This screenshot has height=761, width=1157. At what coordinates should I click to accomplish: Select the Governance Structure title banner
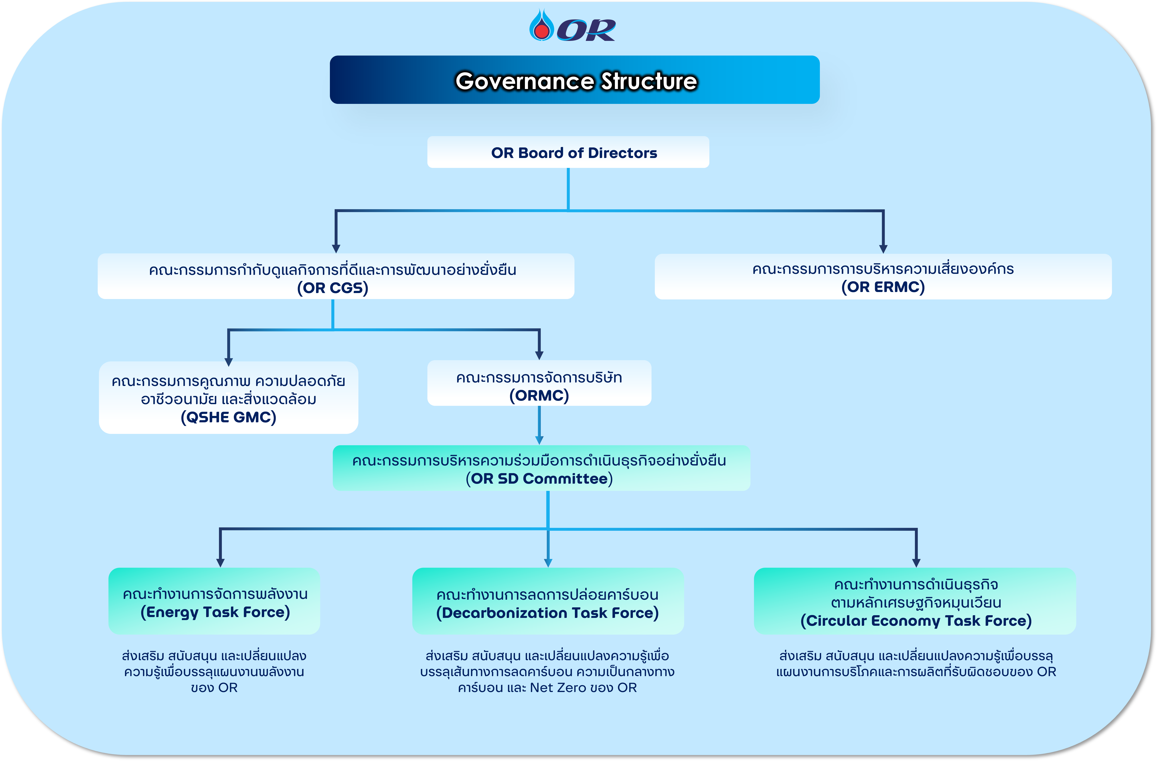pos(575,80)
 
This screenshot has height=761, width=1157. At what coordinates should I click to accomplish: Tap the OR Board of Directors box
pos(568,152)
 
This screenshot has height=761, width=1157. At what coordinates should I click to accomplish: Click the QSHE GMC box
pos(228,398)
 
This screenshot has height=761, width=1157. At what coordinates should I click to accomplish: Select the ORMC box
pos(539,383)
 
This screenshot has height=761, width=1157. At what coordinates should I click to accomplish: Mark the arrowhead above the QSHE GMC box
pos(228,362)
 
